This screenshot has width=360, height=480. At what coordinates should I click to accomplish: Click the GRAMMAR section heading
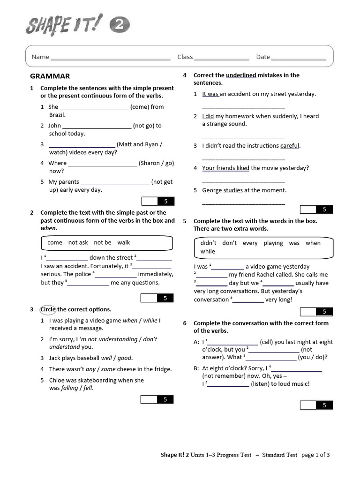point(50,76)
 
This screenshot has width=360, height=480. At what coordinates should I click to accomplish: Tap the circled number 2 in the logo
point(120,26)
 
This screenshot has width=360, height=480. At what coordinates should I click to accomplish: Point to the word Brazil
point(58,115)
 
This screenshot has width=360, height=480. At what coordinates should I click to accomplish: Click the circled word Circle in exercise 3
point(48,309)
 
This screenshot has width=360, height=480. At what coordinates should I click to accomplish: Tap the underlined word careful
point(290,146)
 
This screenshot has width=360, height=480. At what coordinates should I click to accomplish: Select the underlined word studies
point(233,190)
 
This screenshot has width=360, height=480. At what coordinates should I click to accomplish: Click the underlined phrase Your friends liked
point(225,168)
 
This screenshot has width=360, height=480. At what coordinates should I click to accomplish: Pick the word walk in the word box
point(124,242)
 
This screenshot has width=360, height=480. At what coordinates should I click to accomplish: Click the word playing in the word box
point(273,243)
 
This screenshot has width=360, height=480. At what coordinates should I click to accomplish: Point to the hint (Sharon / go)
point(156,163)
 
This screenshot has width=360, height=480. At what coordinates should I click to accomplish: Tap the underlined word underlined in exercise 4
point(241,75)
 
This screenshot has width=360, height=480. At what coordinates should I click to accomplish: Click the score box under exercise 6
point(316,405)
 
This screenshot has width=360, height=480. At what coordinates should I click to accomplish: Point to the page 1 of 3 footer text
point(315,455)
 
